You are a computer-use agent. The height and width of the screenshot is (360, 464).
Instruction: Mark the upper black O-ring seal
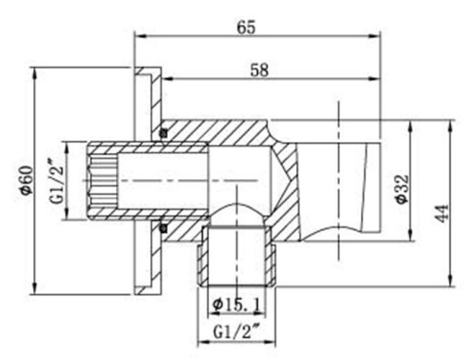(x=163, y=132)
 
